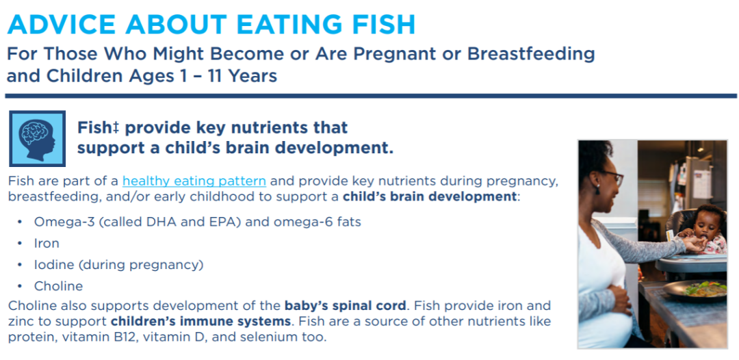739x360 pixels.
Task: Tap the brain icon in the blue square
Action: click(37, 138)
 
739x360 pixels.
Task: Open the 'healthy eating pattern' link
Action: click(194, 181)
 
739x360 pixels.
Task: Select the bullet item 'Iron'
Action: click(47, 243)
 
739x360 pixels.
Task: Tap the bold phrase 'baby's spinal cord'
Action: click(345, 306)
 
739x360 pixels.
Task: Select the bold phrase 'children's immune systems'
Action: click(200, 322)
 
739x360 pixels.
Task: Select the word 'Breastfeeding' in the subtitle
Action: click(531, 55)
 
